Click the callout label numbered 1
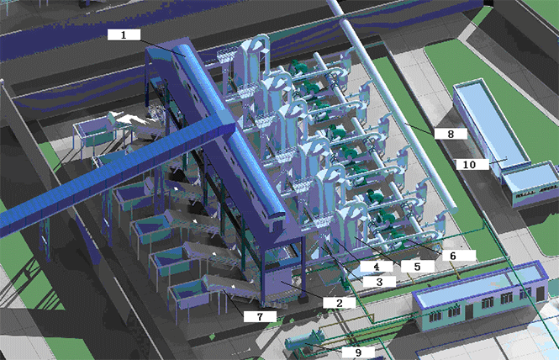tap(124, 35)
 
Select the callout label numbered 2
tap(339, 303)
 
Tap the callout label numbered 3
tap(379, 282)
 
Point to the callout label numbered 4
tap(376, 266)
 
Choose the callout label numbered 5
tap(417, 266)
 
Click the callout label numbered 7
tap(260, 316)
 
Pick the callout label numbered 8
tap(451, 134)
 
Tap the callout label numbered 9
tap(358, 352)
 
